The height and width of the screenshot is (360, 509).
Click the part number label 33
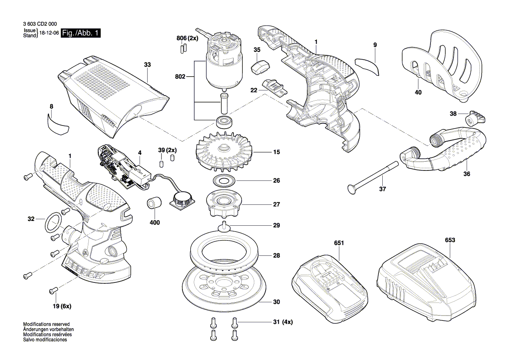tap(147, 65)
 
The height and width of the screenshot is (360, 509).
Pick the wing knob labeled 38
tap(475, 118)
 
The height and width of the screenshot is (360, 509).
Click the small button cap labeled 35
tap(260, 67)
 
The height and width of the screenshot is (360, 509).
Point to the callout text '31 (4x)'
tap(283, 322)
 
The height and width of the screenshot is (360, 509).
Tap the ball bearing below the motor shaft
tap(225, 120)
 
